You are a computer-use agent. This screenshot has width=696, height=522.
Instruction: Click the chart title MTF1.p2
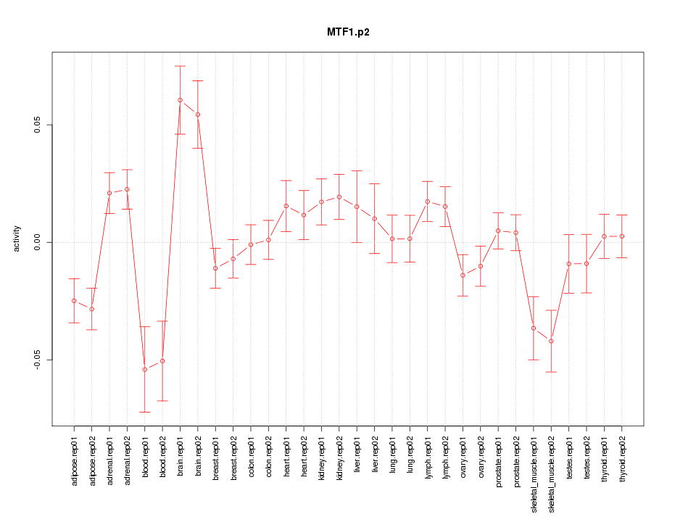click(348, 32)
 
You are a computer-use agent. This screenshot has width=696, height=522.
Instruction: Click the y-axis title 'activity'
click(17, 239)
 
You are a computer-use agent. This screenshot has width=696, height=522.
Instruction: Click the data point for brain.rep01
click(180, 100)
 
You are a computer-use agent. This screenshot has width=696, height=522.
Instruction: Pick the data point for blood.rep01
click(145, 370)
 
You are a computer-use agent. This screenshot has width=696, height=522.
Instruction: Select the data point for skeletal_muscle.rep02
click(551, 341)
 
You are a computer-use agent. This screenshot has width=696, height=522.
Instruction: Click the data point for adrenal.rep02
click(127, 189)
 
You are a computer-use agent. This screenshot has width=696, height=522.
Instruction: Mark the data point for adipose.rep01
click(74, 301)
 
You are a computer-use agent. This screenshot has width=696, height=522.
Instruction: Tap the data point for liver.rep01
click(357, 207)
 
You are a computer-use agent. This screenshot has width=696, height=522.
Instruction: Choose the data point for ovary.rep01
click(463, 275)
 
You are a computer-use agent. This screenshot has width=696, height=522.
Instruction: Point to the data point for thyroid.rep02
click(622, 236)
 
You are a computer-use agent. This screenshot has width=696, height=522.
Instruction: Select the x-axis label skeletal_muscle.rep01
click(534, 472)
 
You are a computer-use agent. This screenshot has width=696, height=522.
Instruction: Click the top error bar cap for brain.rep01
click(180, 66)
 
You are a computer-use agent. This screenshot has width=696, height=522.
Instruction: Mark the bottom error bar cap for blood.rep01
click(145, 412)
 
